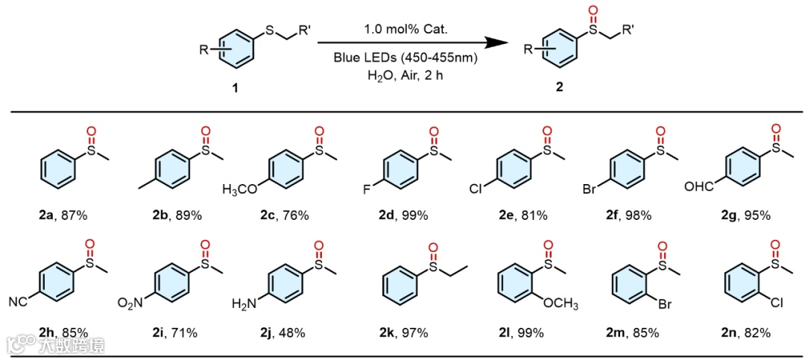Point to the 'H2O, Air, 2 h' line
[405, 75]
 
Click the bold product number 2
[559, 87]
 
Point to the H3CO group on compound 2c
[241, 189]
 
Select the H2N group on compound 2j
[244, 304]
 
